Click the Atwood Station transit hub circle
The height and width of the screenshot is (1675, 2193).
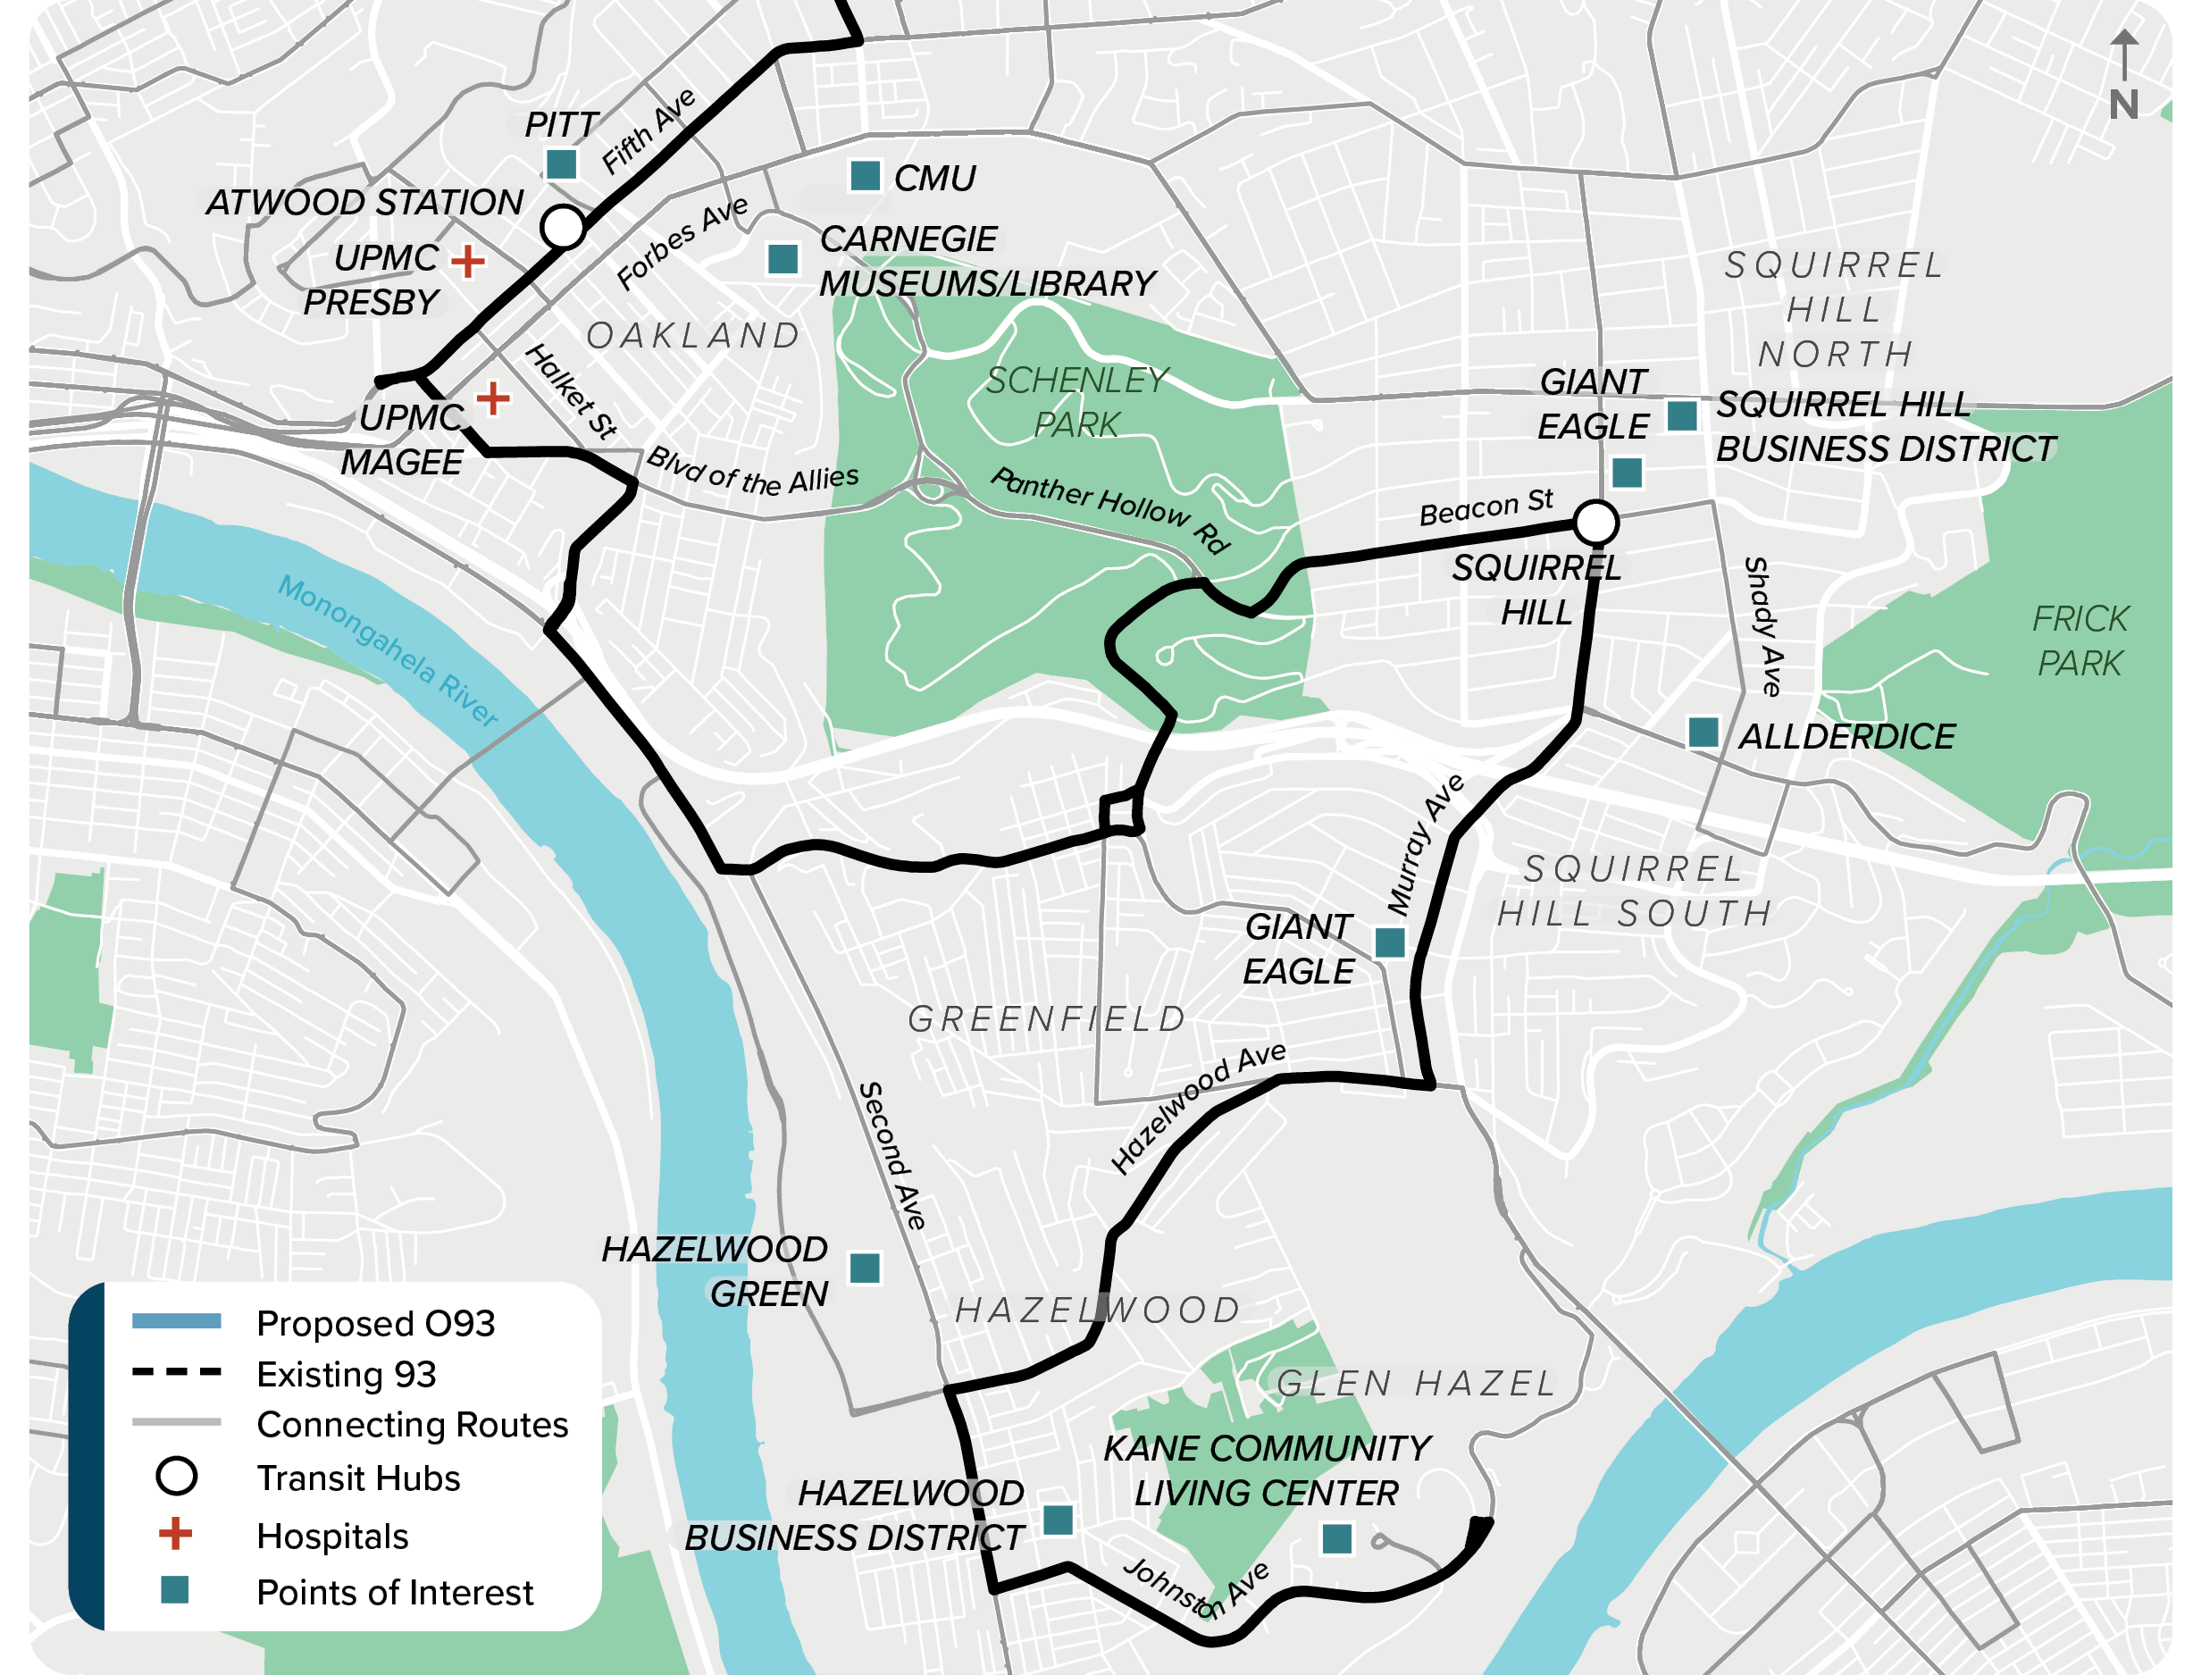click(562, 226)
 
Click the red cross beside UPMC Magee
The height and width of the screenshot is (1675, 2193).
click(491, 398)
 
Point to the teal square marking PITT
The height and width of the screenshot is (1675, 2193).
click(561, 163)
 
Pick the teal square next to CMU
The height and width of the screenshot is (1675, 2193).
click(864, 175)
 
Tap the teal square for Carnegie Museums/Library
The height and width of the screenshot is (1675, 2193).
click(783, 258)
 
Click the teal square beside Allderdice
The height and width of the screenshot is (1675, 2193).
click(1703, 732)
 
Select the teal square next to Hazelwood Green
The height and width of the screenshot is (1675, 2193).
click(864, 1269)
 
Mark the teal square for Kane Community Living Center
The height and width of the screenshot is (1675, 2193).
click(1335, 1538)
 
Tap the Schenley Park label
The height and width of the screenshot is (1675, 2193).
click(1076, 401)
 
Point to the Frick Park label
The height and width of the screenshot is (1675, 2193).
click(2080, 641)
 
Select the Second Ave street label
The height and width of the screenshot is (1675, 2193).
click(891, 1154)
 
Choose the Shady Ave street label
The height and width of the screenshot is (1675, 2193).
click(1763, 626)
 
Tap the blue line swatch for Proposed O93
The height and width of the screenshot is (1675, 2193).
click(177, 1321)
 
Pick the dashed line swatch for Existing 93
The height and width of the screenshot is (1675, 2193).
click(177, 1373)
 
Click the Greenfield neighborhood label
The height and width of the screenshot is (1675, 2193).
click(1047, 1019)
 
